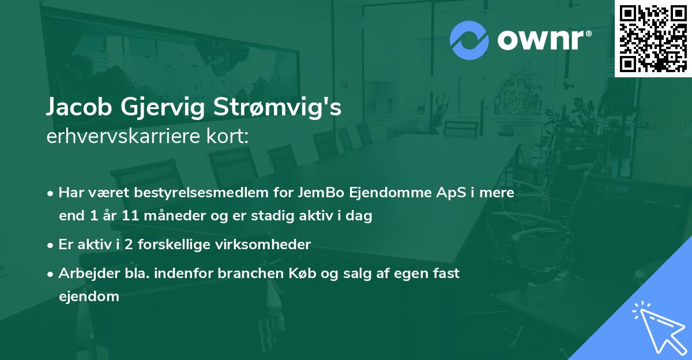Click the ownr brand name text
tap(544, 40)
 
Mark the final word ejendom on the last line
tap(89, 297)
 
